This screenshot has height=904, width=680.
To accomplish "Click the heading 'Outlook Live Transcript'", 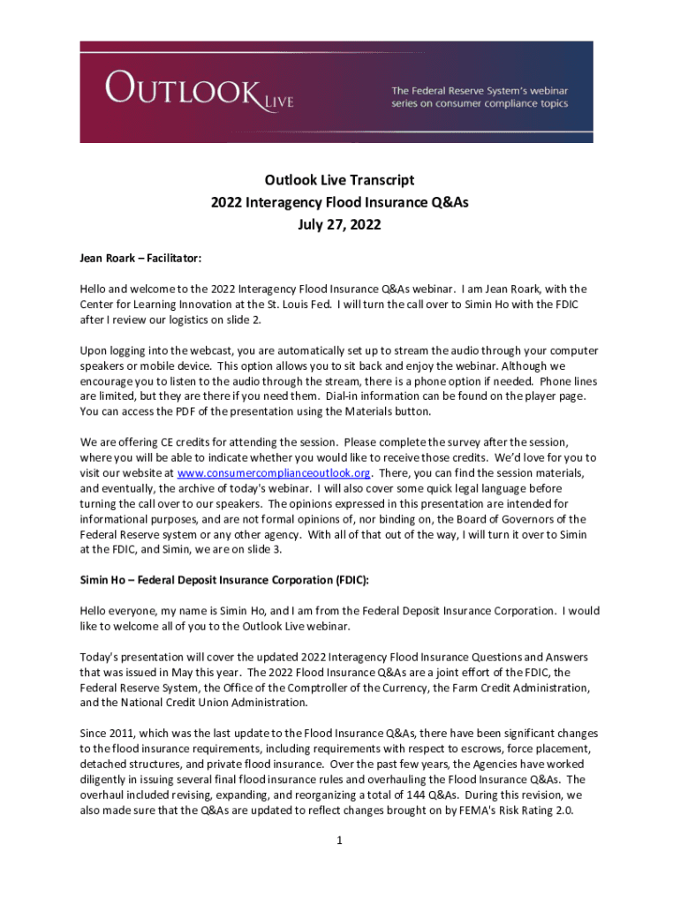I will (339, 180).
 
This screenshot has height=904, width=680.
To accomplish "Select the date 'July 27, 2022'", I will (339, 224).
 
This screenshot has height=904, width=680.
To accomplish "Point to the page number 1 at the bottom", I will (339, 840).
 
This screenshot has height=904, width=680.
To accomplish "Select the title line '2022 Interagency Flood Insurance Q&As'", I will (339, 202).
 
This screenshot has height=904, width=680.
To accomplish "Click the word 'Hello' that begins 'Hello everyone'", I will (95, 610).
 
